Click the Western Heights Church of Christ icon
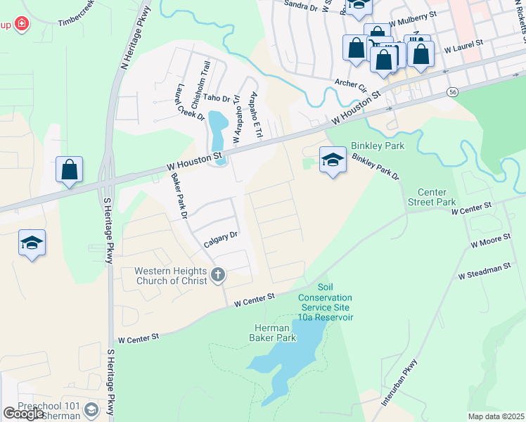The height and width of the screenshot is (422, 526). [218, 274]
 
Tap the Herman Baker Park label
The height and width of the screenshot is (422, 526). [271, 333]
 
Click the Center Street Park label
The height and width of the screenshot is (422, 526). [437, 197]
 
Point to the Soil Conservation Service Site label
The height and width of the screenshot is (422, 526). [325, 302]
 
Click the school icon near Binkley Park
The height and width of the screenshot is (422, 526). [333, 161]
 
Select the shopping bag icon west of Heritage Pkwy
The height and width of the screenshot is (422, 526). [70, 170]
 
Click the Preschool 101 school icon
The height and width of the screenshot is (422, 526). [91, 409]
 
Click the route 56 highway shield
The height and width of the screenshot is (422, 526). [452, 92]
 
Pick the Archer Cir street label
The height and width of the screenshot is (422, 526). [351, 85]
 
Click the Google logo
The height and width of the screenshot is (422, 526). [23, 414]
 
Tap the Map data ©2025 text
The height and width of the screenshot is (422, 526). [496, 416]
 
